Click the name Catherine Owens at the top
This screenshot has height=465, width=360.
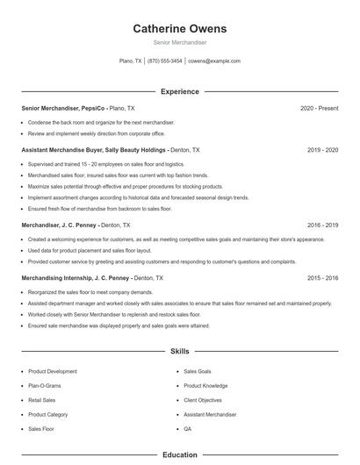[179, 28]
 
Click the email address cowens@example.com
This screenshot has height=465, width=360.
[213, 61]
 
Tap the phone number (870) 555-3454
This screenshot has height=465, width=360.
[165, 61]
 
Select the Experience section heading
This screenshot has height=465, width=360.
[179, 91]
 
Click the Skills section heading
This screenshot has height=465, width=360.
[179, 352]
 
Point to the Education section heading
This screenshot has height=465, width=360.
[179, 455]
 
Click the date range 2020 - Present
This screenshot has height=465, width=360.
[319, 108]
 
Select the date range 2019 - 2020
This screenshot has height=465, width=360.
[323, 150]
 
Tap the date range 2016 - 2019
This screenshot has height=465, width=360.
[323, 225]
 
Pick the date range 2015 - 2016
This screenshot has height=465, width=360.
[323, 277]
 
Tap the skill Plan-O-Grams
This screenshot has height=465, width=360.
[46, 386]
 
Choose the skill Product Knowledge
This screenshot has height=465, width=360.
[205, 386]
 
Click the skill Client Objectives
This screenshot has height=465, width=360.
[203, 400]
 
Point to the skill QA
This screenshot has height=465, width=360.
[187, 429]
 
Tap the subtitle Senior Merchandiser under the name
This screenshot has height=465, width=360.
[179, 42]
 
